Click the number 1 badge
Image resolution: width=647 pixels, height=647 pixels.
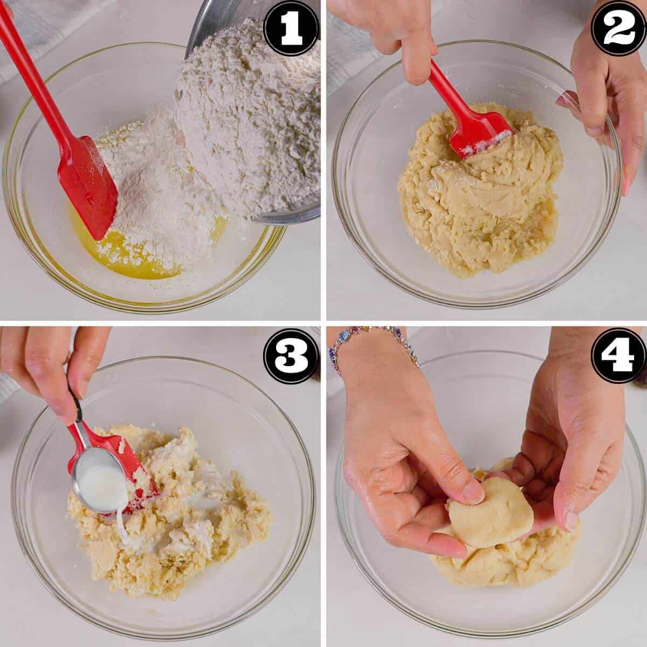[x=291, y=28]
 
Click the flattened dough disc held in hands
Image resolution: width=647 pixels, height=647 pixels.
[x=493, y=512]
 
